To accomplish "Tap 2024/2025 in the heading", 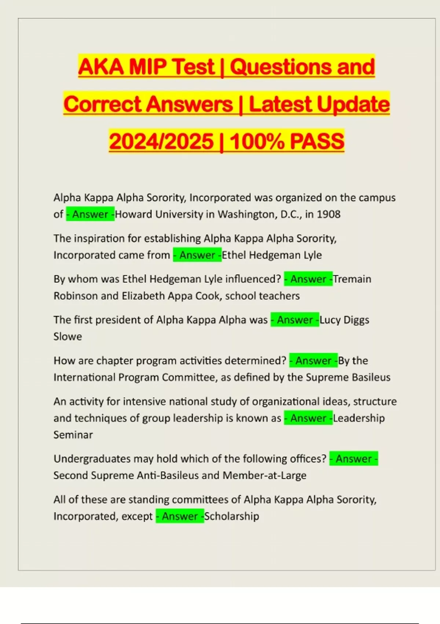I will pos(161,141).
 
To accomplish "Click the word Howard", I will pos(133,214).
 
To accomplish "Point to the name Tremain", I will pos(352,279).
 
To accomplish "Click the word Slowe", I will pos(67,336).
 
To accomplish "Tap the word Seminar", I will pos(73,435).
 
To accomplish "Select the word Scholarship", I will pos(231,516).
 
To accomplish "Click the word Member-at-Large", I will pos(264,475).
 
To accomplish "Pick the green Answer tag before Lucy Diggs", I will pos(295,320).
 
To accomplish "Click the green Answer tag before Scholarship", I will pos(180,516).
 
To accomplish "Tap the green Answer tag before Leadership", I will pos(308,418).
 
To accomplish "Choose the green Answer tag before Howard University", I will pos(90,214).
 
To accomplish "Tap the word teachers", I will pos(280,296).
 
